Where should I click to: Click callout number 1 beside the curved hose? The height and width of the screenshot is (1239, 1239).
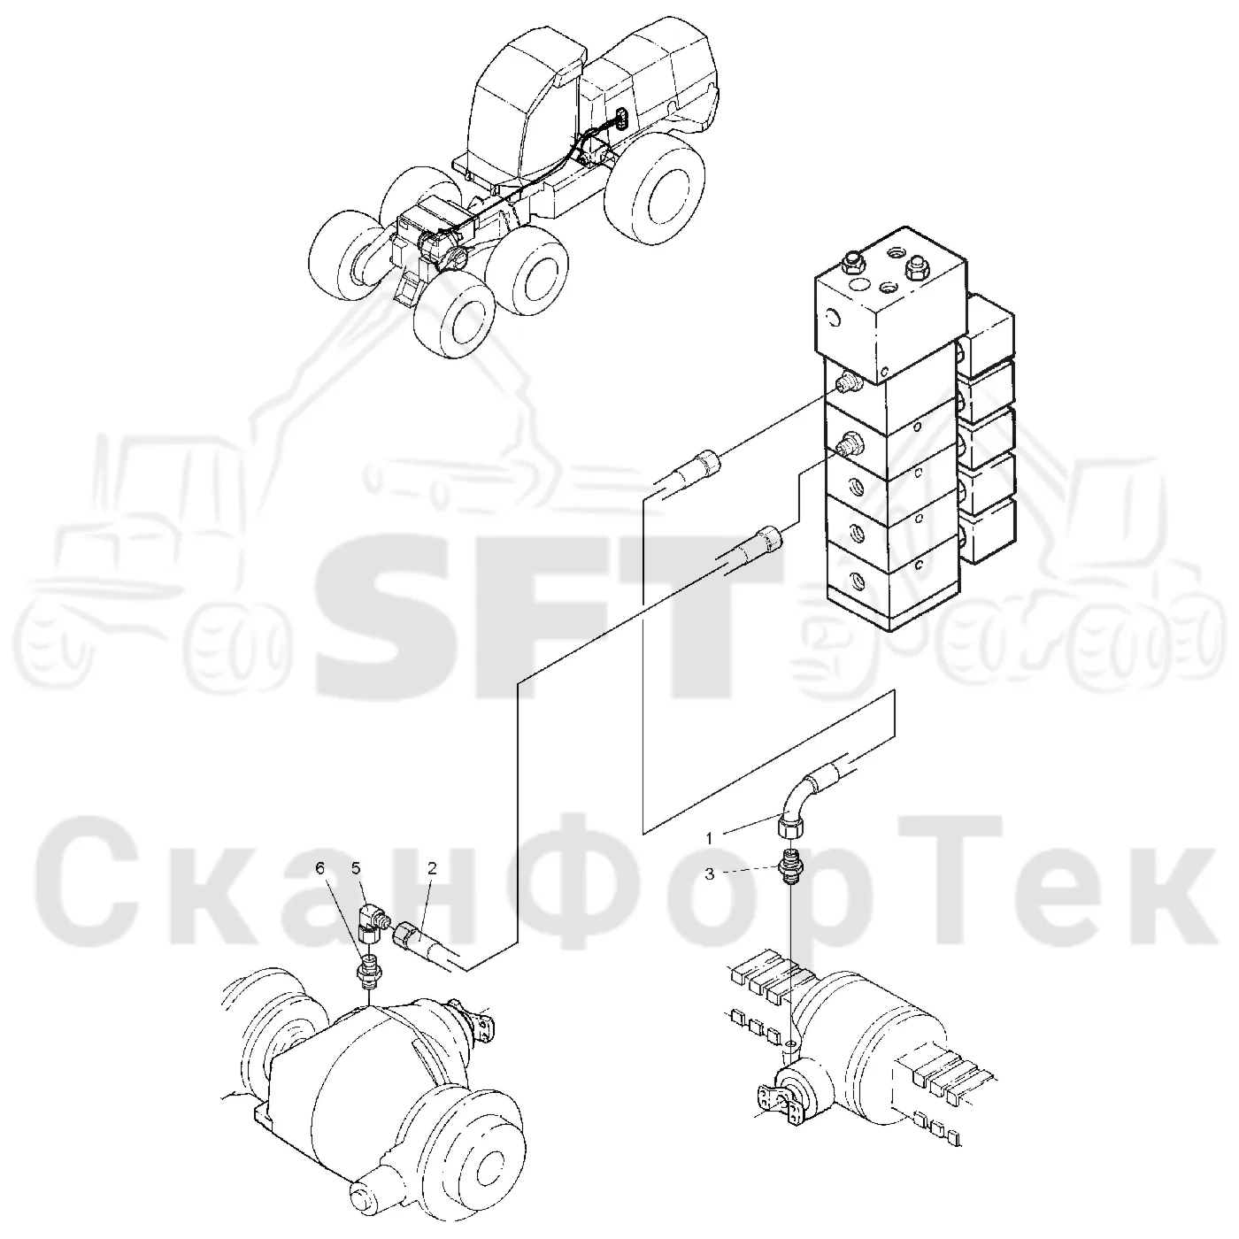point(709,838)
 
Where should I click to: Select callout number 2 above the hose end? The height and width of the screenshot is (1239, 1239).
point(432,869)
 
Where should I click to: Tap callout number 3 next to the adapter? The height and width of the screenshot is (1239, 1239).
point(709,874)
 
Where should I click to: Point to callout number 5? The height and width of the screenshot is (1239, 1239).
point(356,869)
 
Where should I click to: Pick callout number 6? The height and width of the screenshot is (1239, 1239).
point(319,869)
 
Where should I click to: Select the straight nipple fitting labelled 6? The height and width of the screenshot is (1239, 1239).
point(368,970)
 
